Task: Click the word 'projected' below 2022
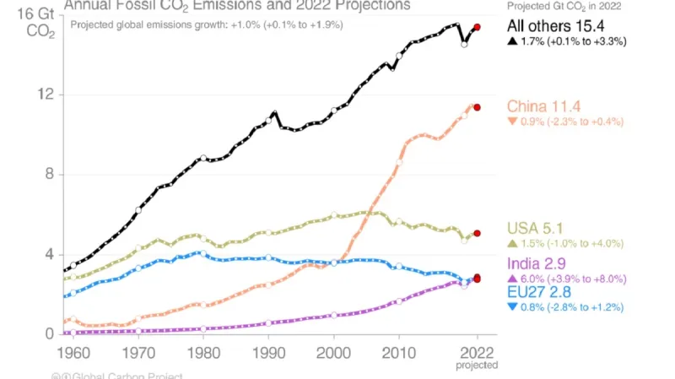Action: click(478, 365)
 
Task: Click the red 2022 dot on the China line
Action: click(478, 107)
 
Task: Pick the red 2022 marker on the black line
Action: click(478, 28)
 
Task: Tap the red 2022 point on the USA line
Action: click(478, 233)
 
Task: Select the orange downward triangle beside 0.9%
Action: click(512, 122)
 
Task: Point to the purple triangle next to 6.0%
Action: click(512, 279)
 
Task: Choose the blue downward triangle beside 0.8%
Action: click(512, 307)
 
